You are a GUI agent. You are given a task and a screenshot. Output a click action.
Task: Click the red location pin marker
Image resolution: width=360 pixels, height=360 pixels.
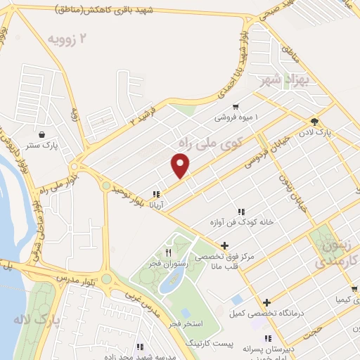pos(181,167)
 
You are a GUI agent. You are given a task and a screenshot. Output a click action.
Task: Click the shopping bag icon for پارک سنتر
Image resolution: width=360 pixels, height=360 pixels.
pos(43,134)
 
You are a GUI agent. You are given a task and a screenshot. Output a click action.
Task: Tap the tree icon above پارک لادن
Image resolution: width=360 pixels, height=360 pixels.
pos(323,121)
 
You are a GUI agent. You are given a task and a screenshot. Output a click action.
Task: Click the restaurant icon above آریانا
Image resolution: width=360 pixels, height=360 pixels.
pos(156,193)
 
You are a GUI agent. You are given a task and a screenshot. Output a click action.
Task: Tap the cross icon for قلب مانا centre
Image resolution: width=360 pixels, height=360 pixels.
pos(224,245)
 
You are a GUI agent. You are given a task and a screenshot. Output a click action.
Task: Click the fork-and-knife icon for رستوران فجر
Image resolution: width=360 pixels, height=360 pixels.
pos(168,252)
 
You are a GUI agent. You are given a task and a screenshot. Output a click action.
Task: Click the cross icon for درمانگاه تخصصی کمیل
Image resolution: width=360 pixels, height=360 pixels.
pos(266,302)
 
